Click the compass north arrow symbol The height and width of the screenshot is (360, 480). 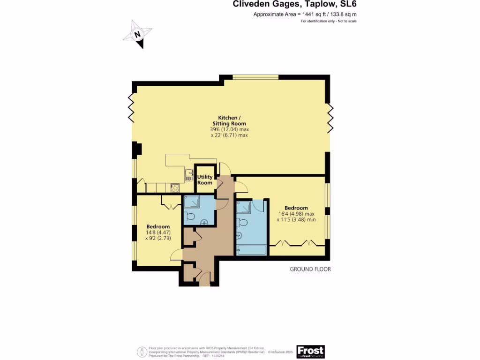[x=137, y=34]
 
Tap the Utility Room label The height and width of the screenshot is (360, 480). [x=205, y=180]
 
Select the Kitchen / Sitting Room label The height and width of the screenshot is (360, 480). [x=229, y=120]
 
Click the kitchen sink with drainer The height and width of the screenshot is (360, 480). [x=190, y=174]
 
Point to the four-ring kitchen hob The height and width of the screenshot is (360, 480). [x=175, y=188]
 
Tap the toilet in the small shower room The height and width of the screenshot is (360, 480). [x=189, y=217]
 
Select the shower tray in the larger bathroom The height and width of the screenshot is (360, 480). [x=244, y=208]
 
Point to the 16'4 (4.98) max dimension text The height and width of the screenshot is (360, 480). [x=296, y=214]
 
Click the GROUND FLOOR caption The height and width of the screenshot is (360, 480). [x=310, y=269]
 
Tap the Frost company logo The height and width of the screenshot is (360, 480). [x=310, y=352]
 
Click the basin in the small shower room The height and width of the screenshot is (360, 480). [x=203, y=222]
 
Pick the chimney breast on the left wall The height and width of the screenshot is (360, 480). [x=136, y=149]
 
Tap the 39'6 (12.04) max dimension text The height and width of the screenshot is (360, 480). [x=229, y=129]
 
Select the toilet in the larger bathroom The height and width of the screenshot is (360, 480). [x=243, y=222]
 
